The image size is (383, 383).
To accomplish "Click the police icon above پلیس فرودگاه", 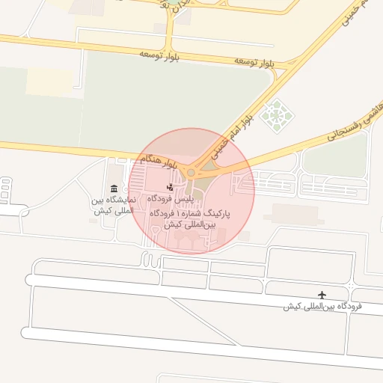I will coord(171,187).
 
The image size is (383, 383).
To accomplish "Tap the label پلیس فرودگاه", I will coord(171,198).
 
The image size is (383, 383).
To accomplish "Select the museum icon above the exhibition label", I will coord(113,189).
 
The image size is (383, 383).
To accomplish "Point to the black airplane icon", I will coord(322,295).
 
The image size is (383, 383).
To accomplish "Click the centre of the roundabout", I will coord(191,173).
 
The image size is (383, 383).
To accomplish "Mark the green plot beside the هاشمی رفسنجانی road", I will coord(336,156).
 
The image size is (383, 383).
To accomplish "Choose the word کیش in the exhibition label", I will coord(102,211).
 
